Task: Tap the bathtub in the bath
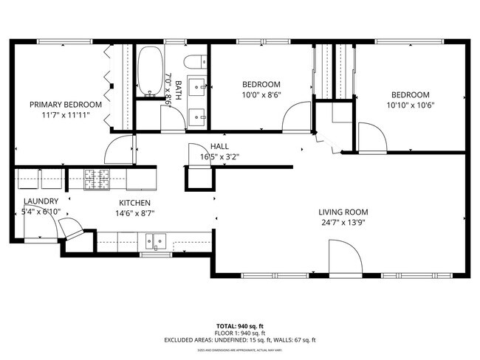(x=151, y=72)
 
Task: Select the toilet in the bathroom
(x=196, y=63)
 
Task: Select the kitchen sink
(x=156, y=240)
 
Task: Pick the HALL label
(x=219, y=146)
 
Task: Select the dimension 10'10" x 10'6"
(x=410, y=105)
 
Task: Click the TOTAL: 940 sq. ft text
(x=240, y=325)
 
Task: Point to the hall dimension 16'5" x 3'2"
(x=219, y=156)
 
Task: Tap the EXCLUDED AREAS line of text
(x=240, y=340)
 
